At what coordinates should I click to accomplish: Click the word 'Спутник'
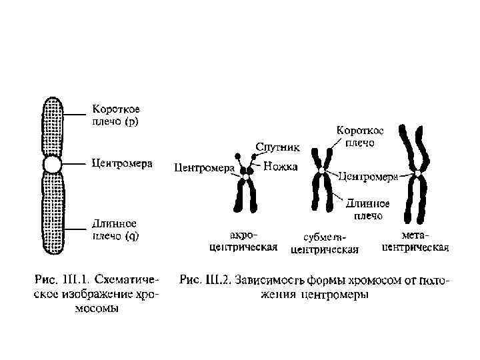pos(278,146)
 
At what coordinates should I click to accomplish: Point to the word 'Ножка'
pos(280,167)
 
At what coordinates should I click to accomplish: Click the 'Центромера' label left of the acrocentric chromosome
pos(203,168)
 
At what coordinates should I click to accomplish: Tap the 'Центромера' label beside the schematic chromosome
pos(122,163)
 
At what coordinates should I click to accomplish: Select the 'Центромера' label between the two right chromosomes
pos(368,177)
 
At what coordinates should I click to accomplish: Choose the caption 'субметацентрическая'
pos(325,244)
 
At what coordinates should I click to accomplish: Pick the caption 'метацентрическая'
pos(415,241)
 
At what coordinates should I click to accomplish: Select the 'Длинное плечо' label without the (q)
pos(367,209)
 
